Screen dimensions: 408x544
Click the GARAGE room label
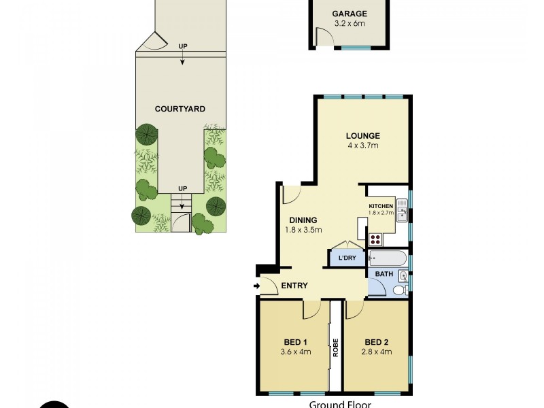(x=350, y=14)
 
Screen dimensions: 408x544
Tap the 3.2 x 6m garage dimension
(x=350, y=23)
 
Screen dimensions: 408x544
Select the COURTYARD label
(x=180, y=109)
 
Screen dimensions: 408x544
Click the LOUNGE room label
(x=362, y=135)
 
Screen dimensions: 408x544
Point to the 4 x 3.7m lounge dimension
(x=362, y=146)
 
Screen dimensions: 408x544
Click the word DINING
(x=303, y=220)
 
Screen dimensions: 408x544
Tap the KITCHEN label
(x=381, y=205)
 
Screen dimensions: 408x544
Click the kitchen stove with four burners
(x=375, y=239)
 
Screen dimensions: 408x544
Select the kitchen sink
(x=402, y=214)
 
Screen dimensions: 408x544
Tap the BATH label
(x=384, y=275)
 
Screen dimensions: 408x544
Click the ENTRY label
(x=294, y=286)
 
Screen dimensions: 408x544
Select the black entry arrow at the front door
(x=256, y=286)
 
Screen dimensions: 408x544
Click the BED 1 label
(x=296, y=341)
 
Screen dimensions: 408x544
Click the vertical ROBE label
(x=335, y=348)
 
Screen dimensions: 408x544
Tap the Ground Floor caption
(x=335, y=404)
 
